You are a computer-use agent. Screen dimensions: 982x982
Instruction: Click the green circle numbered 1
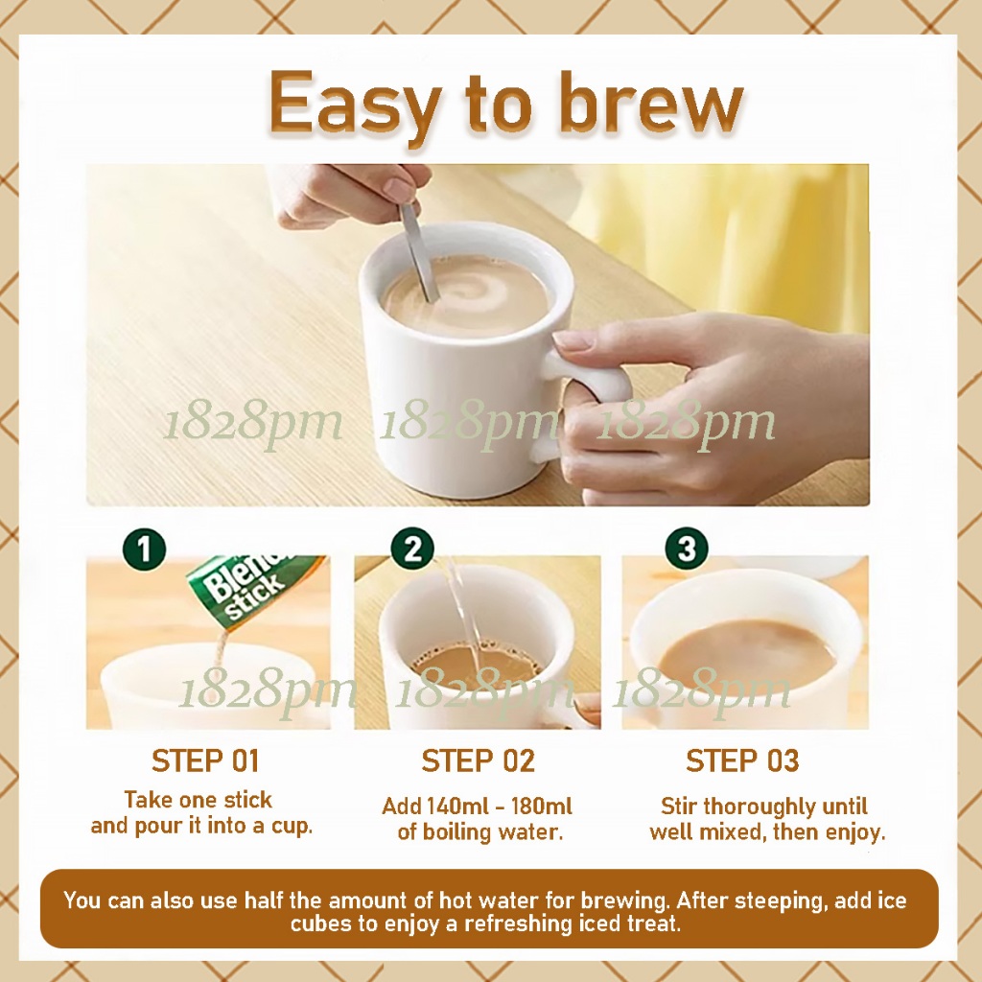(145, 549)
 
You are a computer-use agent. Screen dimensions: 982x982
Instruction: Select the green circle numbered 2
(412, 549)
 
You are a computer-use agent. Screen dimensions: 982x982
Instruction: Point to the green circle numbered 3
(687, 549)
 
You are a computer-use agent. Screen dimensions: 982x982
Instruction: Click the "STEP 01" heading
(205, 760)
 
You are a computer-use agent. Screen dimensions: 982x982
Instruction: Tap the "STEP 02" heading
(478, 760)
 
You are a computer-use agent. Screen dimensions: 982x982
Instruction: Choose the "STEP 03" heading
(742, 760)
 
